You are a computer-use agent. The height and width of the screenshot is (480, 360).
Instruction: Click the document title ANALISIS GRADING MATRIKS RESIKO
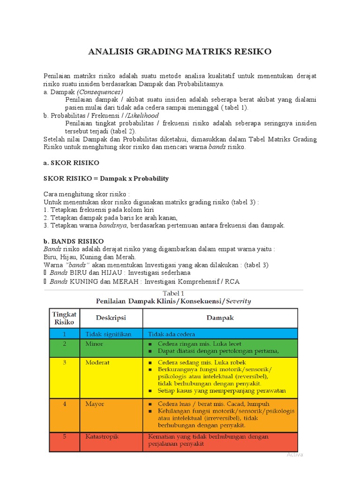click(x=180, y=52)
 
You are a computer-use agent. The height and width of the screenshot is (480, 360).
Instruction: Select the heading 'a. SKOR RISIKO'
click(x=71, y=163)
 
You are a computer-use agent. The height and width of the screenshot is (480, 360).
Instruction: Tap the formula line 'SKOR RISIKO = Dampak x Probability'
click(x=106, y=179)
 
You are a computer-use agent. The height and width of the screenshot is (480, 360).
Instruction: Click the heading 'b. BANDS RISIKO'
click(x=74, y=241)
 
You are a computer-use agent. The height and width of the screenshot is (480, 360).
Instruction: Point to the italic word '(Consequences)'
click(x=100, y=92)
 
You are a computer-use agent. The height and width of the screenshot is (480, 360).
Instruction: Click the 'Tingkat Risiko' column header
click(x=64, y=318)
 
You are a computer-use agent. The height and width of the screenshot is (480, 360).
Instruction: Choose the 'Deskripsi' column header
click(x=111, y=318)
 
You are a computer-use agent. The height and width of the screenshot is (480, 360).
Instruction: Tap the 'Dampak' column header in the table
click(x=220, y=318)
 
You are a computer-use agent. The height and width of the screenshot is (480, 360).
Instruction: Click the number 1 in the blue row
click(x=65, y=334)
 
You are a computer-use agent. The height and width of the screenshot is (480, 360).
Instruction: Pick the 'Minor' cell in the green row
click(x=94, y=344)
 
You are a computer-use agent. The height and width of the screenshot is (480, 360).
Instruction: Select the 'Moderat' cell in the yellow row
click(x=97, y=362)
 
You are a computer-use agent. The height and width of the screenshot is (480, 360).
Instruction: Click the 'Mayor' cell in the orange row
click(x=95, y=404)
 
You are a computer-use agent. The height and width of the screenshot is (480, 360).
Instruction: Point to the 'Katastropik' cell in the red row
click(x=102, y=436)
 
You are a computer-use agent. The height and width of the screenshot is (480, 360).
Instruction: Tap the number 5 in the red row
click(x=65, y=436)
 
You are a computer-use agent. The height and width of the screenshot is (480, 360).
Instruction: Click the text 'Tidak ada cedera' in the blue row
click(x=172, y=334)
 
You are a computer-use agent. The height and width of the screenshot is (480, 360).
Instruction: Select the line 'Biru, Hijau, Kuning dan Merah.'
click(x=90, y=257)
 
